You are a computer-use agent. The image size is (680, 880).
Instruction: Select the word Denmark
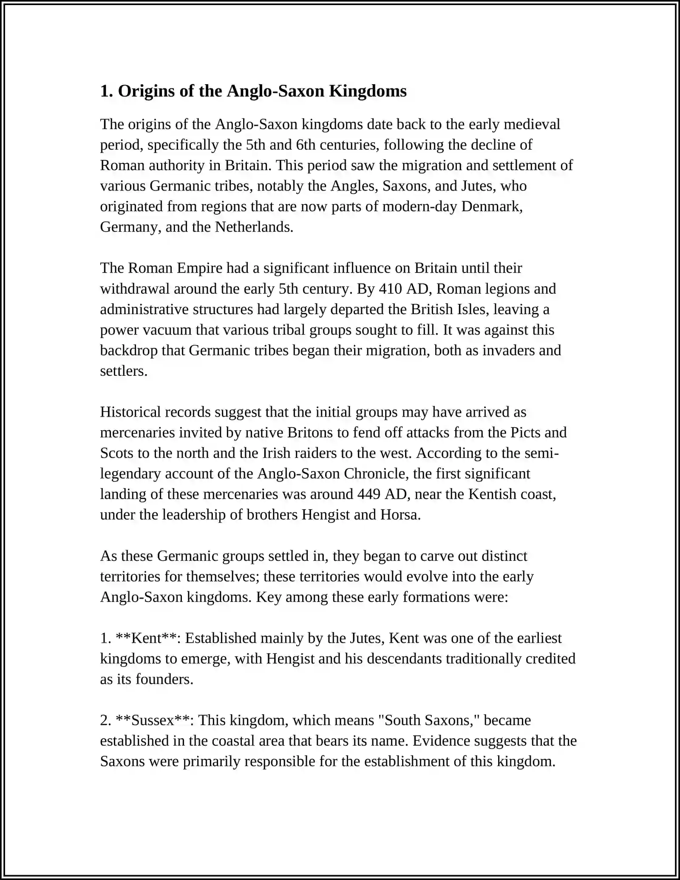coord(491,206)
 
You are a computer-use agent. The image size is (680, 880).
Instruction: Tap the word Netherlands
coord(254,227)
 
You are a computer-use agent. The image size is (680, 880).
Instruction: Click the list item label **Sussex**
coord(155,720)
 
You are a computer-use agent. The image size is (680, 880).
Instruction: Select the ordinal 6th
coord(306,145)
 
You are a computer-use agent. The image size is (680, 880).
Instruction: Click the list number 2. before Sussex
coord(105,720)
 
